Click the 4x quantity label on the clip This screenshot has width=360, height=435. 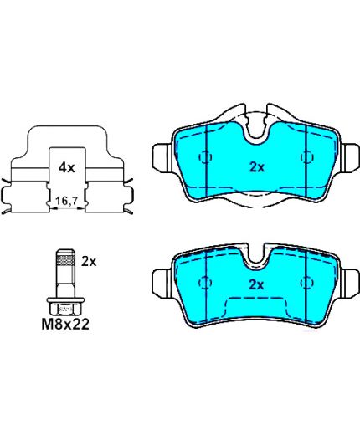pyautogui.click(x=66, y=168)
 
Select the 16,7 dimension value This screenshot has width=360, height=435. pyautogui.click(x=66, y=201)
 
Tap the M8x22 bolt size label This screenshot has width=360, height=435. pyautogui.click(x=65, y=324)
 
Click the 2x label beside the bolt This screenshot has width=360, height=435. pyautogui.click(x=89, y=262)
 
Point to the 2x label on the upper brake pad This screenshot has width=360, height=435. pyautogui.click(x=257, y=167)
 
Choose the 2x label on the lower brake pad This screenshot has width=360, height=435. pyautogui.click(x=256, y=285)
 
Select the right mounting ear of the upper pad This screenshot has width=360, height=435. pyautogui.click(x=350, y=156)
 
